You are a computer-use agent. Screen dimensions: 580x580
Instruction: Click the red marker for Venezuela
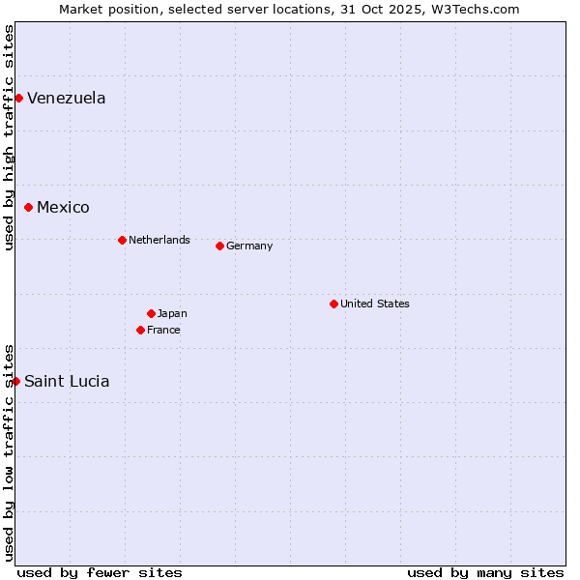coord(18,98)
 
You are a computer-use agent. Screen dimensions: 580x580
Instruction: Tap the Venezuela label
coord(66,98)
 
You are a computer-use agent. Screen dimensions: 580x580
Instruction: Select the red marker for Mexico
coord(28,207)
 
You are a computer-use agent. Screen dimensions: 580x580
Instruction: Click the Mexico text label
coord(63,207)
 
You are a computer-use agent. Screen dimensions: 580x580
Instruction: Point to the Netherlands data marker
coord(122,240)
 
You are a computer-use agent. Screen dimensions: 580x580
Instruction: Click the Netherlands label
coord(159,240)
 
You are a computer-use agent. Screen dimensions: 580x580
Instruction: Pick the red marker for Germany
coord(219,246)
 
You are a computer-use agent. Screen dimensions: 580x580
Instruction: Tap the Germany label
coord(249,246)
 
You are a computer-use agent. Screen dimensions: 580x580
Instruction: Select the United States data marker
coord(333,304)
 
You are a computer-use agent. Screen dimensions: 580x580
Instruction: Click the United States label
coord(374,304)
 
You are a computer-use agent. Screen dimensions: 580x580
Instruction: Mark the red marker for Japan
coord(151,313)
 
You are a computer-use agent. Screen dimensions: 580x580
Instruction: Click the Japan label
coord(172,313)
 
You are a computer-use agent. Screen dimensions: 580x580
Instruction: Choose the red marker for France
coord(140,330)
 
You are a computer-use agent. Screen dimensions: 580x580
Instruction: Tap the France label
coord(163,330)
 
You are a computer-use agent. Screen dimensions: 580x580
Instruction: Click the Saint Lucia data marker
coord(15,381)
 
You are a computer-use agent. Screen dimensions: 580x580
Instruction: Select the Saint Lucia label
coord(67,381)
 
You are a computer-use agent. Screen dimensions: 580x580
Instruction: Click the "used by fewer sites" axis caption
coord(100,572)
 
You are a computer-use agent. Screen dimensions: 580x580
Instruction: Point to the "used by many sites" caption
coord(485,572)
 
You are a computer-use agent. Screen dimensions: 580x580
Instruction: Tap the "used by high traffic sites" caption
coord(9,137)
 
